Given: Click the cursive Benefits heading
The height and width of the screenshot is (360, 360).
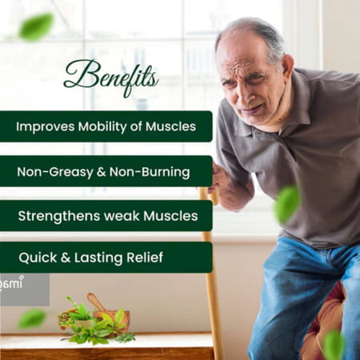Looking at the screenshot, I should coord(110,78).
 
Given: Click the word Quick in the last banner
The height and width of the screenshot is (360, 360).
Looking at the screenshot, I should coord(39,258).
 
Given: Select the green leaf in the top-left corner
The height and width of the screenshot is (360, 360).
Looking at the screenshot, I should coord(35,26).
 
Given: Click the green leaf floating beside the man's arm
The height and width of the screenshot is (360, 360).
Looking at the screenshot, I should coord(286,204).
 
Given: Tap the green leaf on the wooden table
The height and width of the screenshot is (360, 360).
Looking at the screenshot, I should coord(32,318).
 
